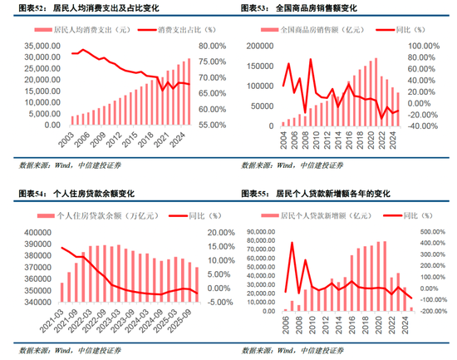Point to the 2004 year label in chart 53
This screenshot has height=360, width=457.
point(283,138)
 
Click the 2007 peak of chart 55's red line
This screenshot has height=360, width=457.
point(292,244)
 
